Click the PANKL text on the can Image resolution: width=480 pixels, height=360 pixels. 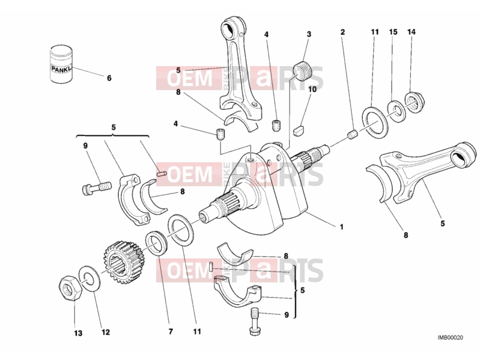pyautogui.click(x=61, y=69)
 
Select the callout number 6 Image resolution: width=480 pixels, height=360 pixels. pyautogui.click(x=109, y=78)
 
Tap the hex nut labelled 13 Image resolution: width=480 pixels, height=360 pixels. pyautogui.click(x=70, y=287)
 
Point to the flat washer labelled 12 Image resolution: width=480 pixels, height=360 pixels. pyautogui.click(x=89, y=278)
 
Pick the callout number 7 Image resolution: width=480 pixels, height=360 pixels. pyautogui.click(x=171, y=331)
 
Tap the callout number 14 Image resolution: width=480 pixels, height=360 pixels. pyautogui.click(x=412, y=31)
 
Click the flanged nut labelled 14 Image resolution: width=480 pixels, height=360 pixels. pyautogui.click(x=414, y=102)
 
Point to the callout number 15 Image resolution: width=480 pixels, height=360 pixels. pyautogui.click(x=393, y=31)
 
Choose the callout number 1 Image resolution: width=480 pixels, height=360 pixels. pyautogui.click(x=341, y=227)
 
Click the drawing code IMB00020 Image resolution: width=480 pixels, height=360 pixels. pyautogui.click(x=450, y=338)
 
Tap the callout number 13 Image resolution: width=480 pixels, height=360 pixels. pyautogui.click(x=78, y=333)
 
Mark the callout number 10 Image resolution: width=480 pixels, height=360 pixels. pyautogui.click(x=312, y=90)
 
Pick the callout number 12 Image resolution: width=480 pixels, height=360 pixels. pyautogui.click(x=105, y=332)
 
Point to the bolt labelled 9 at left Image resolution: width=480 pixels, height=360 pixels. pyautogui.click(x=96, y=187)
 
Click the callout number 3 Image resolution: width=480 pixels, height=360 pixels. pyautogui.click(x=309, y=34)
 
